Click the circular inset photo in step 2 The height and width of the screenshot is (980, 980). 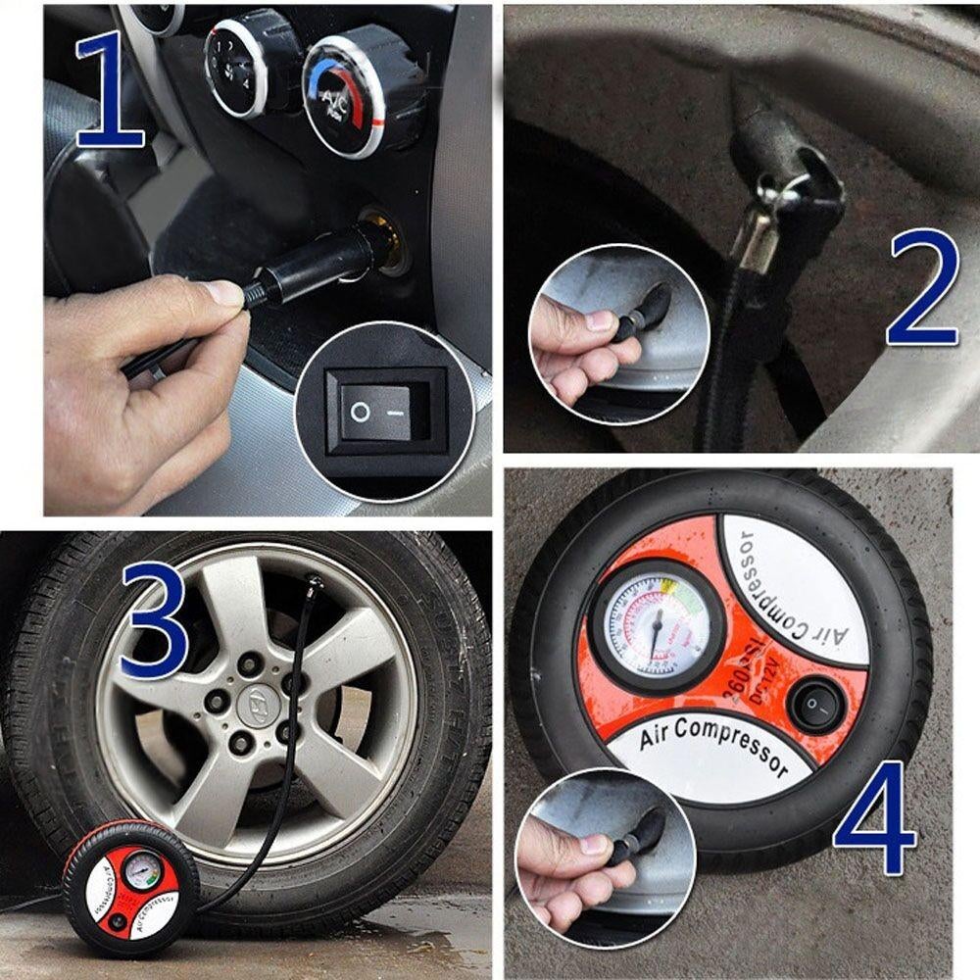point(618,333)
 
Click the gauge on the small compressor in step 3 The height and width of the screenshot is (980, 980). point(142,868)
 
